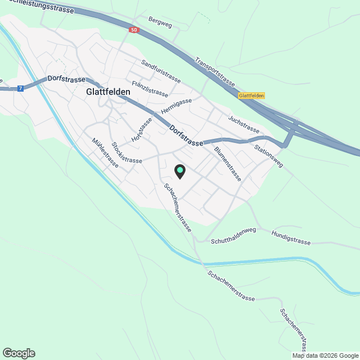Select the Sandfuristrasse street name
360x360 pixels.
click(x=161, y=72)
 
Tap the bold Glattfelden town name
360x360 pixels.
click(x=109, y=92)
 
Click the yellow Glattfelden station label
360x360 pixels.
click(x=251, y=96)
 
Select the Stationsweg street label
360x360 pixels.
click(x=269, y=156)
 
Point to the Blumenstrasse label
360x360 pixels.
click(x=228, y=164)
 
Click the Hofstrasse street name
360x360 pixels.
click(x=142, y=130)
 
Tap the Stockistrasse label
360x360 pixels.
click(x=127, y=152)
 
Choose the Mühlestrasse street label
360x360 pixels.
click(x=105, y=154)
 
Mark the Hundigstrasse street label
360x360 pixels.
click(x=291, y=238)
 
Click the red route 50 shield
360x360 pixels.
click(x=133, y=30)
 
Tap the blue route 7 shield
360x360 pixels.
click(x=21, y=88)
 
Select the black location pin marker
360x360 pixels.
click(x=179, y=171)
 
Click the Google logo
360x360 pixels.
click(x=19, y=353)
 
